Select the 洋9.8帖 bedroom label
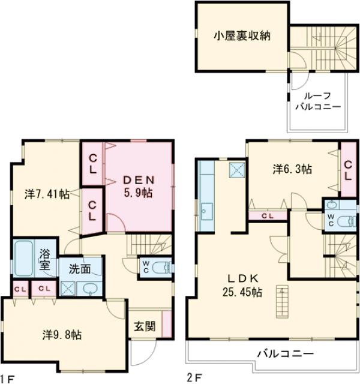tap(62, 335)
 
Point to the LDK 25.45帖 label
tap(242, 285)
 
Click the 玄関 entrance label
tap(145, 326)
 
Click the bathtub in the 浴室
tap(26, 256)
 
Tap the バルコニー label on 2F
tap(285, 353)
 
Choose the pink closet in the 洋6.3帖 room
tap(348, 169)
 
